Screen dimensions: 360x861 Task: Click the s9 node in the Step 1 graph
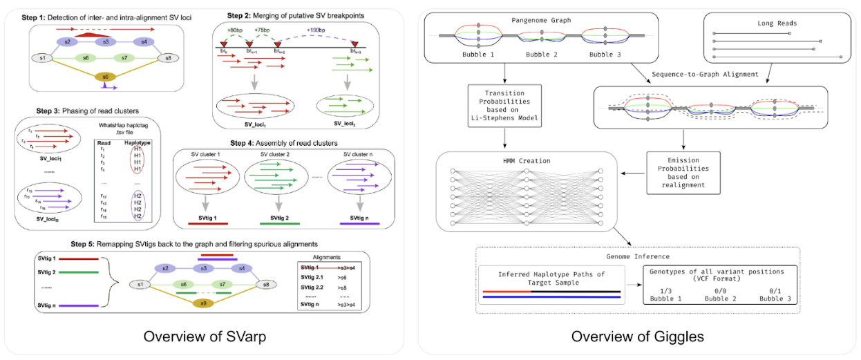click(x=105, y=76)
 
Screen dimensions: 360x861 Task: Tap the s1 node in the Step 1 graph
click(x=42, y=58)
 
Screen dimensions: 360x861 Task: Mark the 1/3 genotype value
click(x=664, y=291)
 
